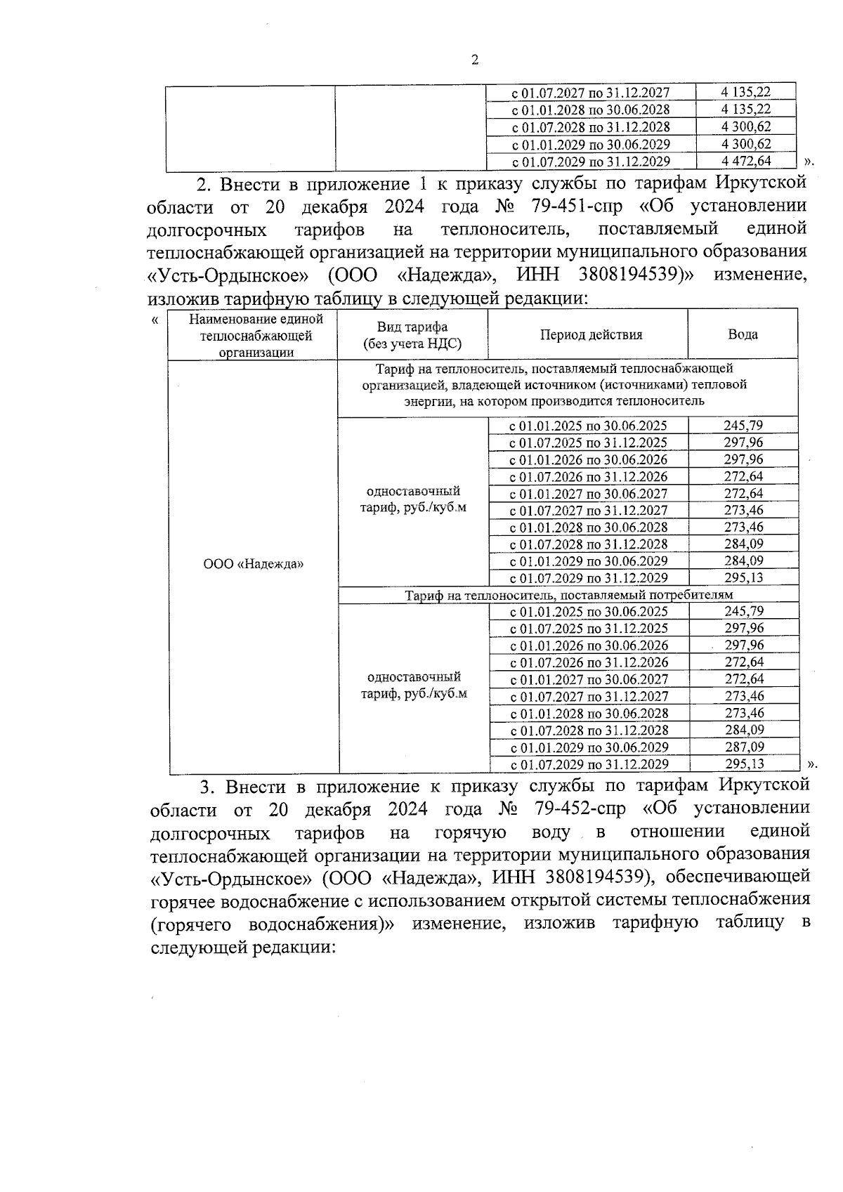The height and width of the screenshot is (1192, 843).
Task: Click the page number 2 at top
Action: click(x=474, y=60)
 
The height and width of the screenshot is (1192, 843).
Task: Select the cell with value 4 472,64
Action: click(x=745, y=162)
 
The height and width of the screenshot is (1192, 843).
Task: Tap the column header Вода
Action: click(x=743, y=335)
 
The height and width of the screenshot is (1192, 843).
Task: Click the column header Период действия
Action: click(x=591, y=335)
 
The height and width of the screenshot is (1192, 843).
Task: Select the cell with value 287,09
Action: click(x=744, y=747)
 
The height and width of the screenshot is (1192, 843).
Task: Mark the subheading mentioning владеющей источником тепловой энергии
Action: click(x=554, y=385)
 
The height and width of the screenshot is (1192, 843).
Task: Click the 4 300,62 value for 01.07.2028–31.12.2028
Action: click(x=745, y=127)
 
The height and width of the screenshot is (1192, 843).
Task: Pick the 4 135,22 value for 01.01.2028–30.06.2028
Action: click(x=745, y=110)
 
